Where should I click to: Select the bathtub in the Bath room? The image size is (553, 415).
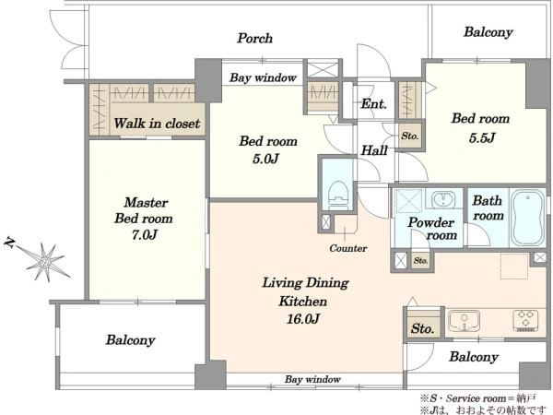527,218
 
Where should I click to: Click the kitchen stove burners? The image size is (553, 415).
525,320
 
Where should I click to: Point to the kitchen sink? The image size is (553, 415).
465,320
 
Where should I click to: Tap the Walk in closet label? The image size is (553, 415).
157,124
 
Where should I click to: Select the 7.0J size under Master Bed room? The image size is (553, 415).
145,234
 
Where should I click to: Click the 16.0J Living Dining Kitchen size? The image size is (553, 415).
303,319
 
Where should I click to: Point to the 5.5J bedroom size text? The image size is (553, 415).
482,137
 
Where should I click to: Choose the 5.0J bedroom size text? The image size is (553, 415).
266,159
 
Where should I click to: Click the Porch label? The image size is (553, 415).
254,38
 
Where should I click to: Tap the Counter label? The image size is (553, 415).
348,248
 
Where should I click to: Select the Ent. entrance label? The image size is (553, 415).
374,103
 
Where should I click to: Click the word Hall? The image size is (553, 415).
374,150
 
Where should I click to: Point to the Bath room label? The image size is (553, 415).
488,207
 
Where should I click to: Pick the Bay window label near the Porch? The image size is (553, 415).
263,77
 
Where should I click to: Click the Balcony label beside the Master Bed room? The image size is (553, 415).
131,339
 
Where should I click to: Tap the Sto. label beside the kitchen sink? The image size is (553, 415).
422,328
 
